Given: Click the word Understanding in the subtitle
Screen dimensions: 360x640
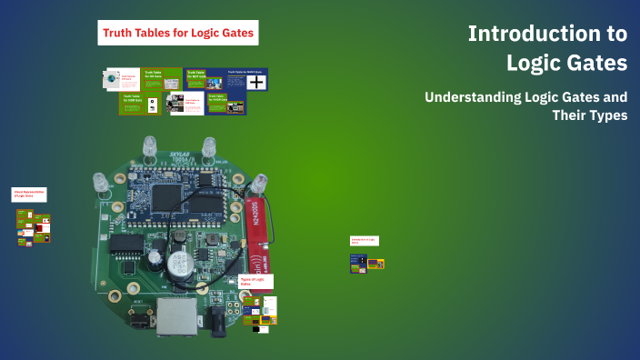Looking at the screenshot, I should [x=478, y=96].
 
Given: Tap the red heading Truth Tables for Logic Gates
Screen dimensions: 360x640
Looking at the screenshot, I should [x=179, y=35].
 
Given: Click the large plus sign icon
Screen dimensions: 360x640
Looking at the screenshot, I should [x=257, y=83].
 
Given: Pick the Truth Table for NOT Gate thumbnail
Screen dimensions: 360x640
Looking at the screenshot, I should [x=196, y=78].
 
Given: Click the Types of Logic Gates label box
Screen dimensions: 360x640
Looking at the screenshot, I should [x=255, y=282].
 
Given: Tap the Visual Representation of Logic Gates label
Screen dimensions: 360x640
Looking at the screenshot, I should [x=28, y=195].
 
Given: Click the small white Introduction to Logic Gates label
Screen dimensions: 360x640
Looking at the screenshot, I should [x=365, y=241].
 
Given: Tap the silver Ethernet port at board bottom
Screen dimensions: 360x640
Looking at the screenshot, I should [x=171, y=318].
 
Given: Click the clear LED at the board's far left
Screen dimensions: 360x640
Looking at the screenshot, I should [x=100, y=183].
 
